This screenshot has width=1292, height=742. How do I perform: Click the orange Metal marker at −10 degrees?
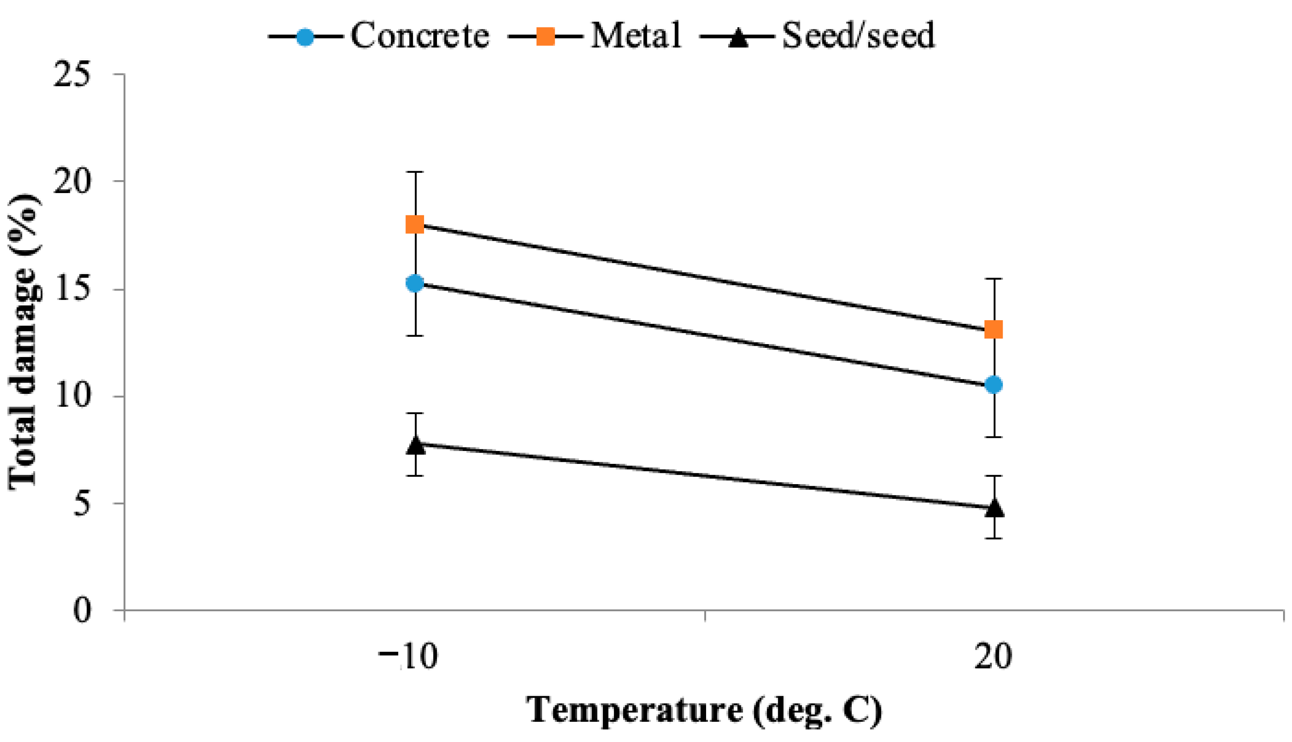[415, 224]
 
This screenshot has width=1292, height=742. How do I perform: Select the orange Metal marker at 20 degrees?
[993, 330]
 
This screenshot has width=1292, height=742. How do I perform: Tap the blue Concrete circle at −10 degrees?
[415, 283]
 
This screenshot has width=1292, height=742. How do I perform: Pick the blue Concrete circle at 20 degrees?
[993, 385]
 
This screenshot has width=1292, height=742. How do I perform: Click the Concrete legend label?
[420, 36]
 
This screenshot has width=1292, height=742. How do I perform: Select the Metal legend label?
[636, 36]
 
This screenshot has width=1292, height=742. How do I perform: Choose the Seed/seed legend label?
[858, 36]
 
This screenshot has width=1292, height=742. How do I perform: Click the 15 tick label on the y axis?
[72, 289]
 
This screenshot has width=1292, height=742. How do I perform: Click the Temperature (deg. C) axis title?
[704, 710]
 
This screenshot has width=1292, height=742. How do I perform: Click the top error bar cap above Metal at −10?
[416, 172]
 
